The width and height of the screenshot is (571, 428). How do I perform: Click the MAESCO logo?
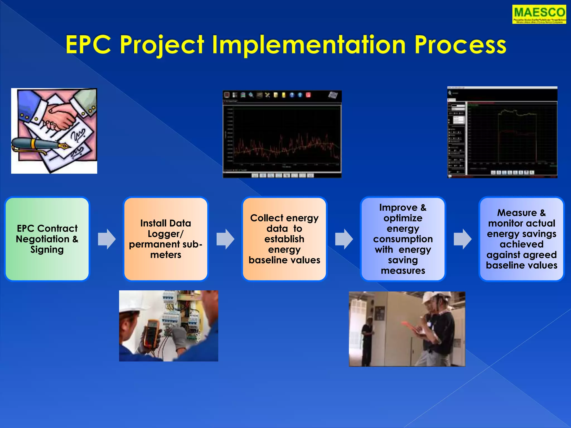coord(539,14)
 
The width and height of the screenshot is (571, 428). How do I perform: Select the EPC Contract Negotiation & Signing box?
coord(47,239)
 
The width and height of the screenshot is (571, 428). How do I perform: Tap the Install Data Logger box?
coord(166,239)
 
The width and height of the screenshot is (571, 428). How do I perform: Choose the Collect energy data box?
coord(284,239)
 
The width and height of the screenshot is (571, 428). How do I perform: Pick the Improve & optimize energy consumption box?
coord(403,239)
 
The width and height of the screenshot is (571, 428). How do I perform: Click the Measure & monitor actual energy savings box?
coord(521,239)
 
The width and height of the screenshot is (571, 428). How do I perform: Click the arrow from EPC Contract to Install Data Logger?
coord(107,239)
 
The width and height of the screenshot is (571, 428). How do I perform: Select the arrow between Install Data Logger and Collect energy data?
coord(225,239)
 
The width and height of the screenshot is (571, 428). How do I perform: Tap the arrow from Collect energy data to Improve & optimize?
coord(344,239)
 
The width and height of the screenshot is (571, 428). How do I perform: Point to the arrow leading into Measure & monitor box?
coord(462,239)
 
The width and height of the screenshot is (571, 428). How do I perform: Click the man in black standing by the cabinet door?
coord(367,340)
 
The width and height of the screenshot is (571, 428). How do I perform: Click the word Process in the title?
coord(460,45)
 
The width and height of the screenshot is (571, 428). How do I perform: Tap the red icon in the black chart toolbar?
coord(308,95)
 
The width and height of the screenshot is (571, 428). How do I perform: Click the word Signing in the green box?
coord(47,249)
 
